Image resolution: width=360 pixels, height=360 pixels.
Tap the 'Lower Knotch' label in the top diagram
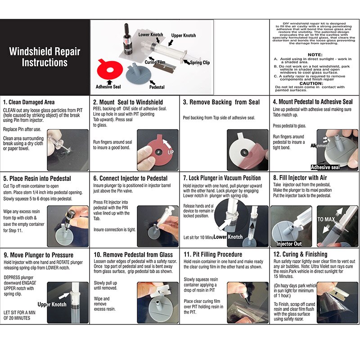151,34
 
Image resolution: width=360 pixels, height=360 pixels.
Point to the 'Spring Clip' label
199,63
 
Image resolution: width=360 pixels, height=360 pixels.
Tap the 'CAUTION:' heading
315,83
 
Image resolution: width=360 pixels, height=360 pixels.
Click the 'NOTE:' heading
315,54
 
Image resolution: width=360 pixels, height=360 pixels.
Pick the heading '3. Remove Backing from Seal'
221,102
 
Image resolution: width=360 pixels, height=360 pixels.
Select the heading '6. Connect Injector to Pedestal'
130,178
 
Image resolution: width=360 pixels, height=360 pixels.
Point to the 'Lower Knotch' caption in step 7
228,237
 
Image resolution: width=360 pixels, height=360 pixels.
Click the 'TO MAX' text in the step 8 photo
327,220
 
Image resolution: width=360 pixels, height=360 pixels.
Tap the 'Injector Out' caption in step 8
288,244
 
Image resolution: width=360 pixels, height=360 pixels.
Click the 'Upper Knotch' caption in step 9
52,305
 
